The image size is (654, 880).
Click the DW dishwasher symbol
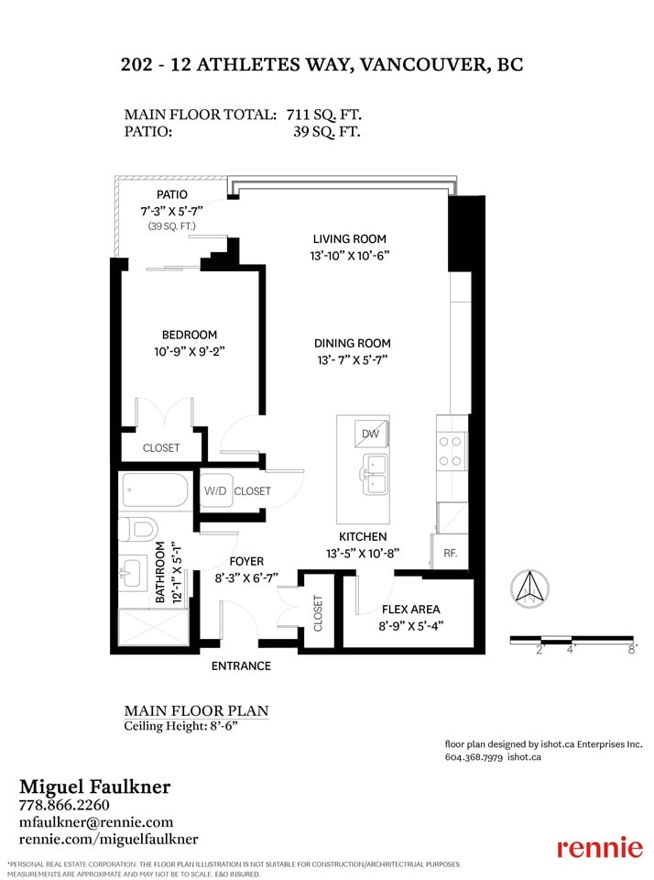[x=371, y=434]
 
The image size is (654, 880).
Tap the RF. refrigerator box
[x=450, y=552]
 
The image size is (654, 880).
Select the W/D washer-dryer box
[x=216, y=490]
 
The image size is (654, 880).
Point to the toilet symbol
[x=138, y=529]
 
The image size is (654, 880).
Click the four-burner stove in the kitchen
[x=451, y=451]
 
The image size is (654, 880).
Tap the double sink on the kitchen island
[x=374, y=474]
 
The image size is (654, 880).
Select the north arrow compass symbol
[x=529, y=588]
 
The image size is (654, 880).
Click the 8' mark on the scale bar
[x=632, y=650]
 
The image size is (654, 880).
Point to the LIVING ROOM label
[x=349, y=238]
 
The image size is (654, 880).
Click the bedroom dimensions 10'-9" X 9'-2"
[x=190, y=352]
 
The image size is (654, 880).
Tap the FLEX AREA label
[x=410, y=610]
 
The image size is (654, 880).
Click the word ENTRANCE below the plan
[x=241, y=666]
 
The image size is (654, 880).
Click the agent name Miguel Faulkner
[x=94, y=786]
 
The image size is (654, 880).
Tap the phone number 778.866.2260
[x=64, y=805]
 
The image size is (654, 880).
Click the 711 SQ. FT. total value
[x=323, y=115]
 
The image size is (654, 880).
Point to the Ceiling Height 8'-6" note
[x=181, y=726]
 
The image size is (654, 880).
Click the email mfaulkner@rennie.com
[x=96, y=822]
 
